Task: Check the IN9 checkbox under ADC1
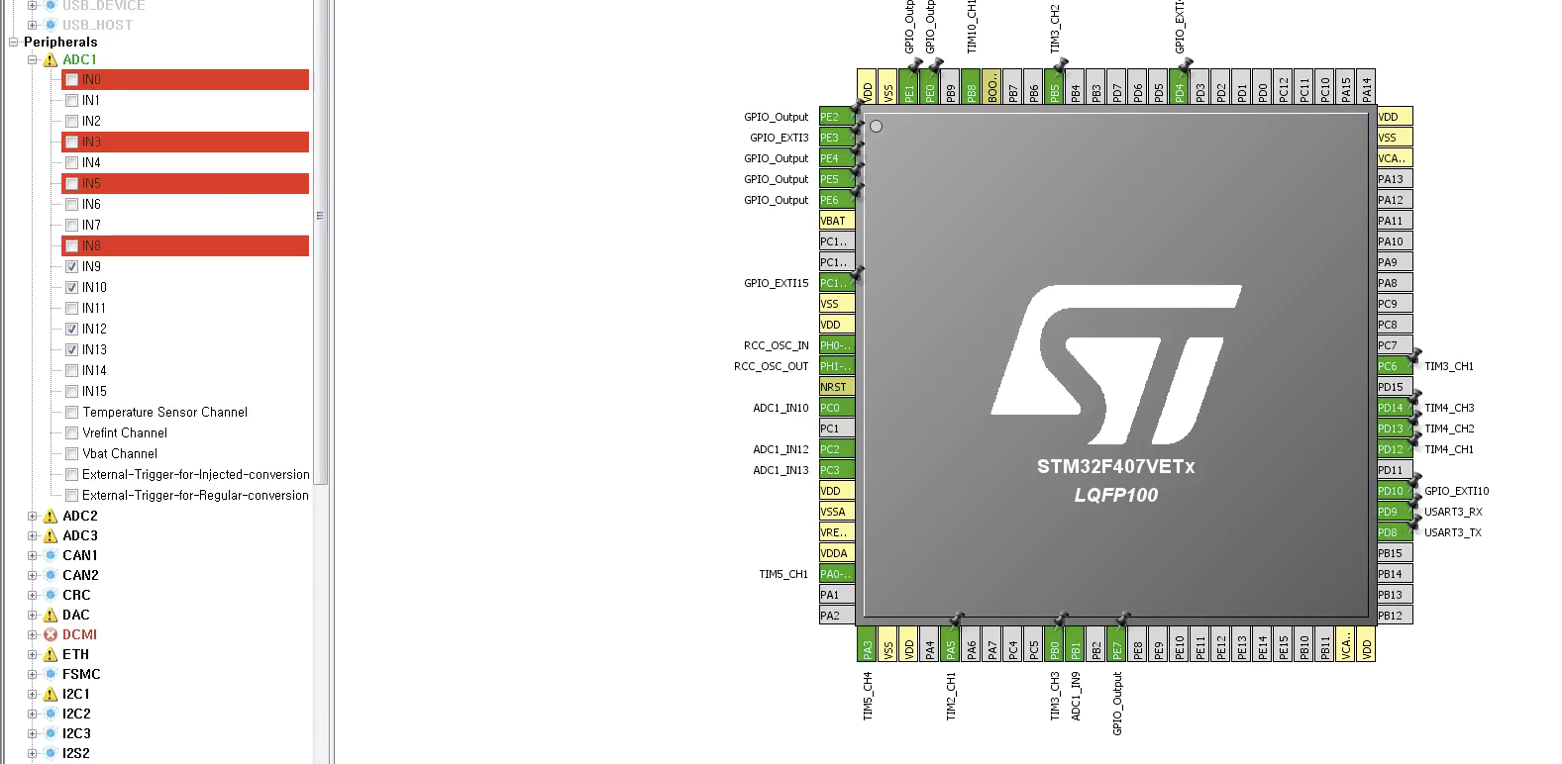click(x=71, y=267)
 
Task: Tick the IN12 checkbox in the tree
click(x=71, y=330)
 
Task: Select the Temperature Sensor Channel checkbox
click(x=71, y=413)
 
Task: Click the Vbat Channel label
click(x=120, y=454)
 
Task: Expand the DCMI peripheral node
click(x=33, y=635)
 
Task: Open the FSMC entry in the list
click(x=81, y=675)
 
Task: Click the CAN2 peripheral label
click(x=80, y=576)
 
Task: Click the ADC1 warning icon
click(x=51, y=60)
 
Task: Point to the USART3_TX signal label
click(x=1452, y=532)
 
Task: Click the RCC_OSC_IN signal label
click(x=776, y=345)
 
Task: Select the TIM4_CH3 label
click(x=1449, y=408)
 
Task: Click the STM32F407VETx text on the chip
click(x=1115, y=467)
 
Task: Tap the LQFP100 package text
click(x=1115, y=495)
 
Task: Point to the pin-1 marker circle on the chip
click(x=876, y=127)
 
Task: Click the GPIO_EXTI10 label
click(x=1456, y=491)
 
